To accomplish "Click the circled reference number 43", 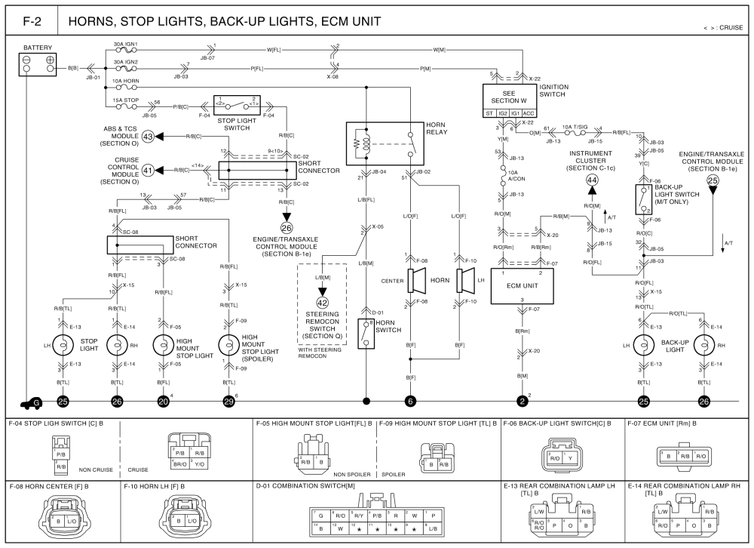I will click(148, 137).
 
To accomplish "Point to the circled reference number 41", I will click(148, 171).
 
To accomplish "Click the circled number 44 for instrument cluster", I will click(592, 180).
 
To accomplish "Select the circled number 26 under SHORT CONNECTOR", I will click(286, 227).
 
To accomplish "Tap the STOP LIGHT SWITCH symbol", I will click(237, 106).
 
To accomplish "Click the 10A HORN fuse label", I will click(124, 80).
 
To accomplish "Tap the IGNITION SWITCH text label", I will click(554, 91).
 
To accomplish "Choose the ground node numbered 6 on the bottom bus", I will click(410, 401).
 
